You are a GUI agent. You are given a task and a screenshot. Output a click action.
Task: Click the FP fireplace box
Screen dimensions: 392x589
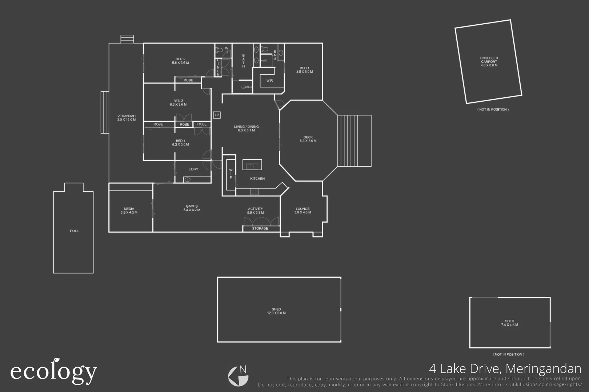coord(217,115)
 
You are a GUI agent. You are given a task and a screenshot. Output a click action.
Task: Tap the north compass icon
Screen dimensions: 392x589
coord(238,376)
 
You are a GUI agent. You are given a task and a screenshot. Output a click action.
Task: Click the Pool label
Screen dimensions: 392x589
coord(75,231)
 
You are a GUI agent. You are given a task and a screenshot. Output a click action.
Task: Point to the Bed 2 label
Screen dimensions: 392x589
coord(180,59)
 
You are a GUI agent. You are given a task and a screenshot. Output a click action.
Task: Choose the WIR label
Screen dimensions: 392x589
coord(269,81)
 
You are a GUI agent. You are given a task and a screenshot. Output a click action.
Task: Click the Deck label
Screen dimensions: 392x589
coord(308,137)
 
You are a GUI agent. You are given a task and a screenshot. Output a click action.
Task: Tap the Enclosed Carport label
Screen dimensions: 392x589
coord(489,60)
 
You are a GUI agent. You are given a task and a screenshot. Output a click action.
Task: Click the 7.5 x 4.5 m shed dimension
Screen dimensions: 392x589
coord(509,325)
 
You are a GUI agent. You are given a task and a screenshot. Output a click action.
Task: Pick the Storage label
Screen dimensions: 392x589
coord(260,229)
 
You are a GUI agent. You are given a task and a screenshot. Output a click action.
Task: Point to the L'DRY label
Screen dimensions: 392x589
coord(193,169)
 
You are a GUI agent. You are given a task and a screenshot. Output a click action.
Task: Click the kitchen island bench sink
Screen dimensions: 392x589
coord(252,166)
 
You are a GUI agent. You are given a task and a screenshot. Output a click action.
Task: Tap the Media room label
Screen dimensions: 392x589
coord(129,209)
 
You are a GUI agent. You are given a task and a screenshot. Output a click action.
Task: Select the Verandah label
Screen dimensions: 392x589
coord(126,116)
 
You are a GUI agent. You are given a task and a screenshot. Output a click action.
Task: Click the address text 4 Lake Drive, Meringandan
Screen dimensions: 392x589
coord(505,369)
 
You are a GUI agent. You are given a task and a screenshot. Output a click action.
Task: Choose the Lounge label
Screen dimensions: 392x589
coord(302,209)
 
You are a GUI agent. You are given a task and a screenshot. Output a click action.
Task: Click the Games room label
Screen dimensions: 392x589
coord(192,206)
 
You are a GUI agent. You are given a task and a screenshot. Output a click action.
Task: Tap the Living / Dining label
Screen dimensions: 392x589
coord(246,127)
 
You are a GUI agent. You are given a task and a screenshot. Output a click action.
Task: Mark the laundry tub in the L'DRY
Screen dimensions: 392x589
coord(187,179)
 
